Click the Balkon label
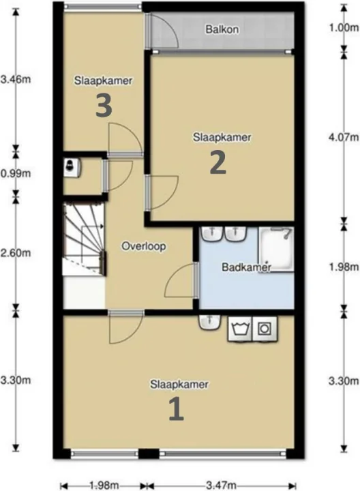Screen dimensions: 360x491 (222, 29)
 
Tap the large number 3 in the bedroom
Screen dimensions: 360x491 (104, 106)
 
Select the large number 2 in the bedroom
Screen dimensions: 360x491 (218, 164)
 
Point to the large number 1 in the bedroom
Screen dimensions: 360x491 (176, 408)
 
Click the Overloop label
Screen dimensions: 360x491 (144, 246)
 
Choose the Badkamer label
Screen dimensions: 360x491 (246, 267)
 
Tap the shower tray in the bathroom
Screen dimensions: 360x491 (275, 250)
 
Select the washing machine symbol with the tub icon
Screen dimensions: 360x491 (241, 329)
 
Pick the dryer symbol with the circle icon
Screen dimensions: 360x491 (265, 329)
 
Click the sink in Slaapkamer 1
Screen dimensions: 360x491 (209, 322)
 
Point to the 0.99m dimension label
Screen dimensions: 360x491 (16, 173)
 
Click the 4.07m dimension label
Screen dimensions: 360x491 (344, 137)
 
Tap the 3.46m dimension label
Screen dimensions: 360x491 (16, 79)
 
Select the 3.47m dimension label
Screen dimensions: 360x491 (221, 486)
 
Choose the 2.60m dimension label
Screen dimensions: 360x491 (16, 253)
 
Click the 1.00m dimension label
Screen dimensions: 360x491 (344, 28)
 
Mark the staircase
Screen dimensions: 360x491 (85, 239)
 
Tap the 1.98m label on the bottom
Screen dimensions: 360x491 (104, 486)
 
